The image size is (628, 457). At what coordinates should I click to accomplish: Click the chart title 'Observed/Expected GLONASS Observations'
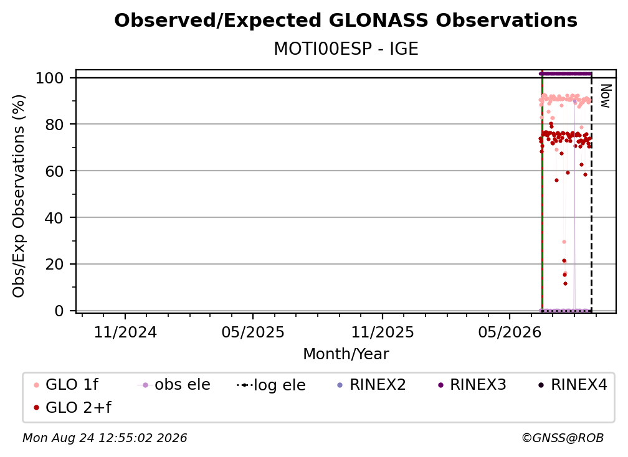[x=346, y=21]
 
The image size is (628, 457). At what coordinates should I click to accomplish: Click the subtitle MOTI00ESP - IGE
[x=346, y=49]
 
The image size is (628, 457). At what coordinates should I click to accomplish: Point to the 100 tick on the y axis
[x=50, y=78]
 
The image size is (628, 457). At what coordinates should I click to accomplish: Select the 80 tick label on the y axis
[x=55, y=125]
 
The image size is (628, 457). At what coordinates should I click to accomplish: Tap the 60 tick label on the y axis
[x=55, y=171]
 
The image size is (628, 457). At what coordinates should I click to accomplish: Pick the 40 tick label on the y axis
[x=55, y=218]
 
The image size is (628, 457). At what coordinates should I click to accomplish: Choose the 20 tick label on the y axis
[x=55, y=264]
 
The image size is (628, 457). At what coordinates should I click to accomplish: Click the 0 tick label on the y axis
[x=59, y=311]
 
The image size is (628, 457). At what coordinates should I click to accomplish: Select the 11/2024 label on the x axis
[x=125, y=332]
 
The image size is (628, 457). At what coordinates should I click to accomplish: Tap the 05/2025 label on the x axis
[x=253, y=332]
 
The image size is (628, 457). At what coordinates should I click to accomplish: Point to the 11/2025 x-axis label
[x=383, y=332]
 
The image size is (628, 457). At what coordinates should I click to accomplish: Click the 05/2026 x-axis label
[x=510, y=332]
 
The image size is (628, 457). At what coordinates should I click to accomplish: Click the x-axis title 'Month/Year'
[x=346, y=354]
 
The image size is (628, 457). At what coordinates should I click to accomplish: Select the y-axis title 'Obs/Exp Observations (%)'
[x=19, y=196]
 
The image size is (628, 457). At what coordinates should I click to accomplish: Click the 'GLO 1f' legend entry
[x=66, y=385]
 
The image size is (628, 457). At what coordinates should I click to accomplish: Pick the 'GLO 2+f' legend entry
[x=72, y=407]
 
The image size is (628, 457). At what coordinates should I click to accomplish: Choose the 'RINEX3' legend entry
[x=472, y=385]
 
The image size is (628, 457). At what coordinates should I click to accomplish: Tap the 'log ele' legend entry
[x=271, y=385]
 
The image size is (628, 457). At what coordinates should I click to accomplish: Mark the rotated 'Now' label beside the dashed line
[x=605, y=96]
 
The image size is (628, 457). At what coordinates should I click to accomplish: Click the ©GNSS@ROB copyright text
[x=563, y=438]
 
